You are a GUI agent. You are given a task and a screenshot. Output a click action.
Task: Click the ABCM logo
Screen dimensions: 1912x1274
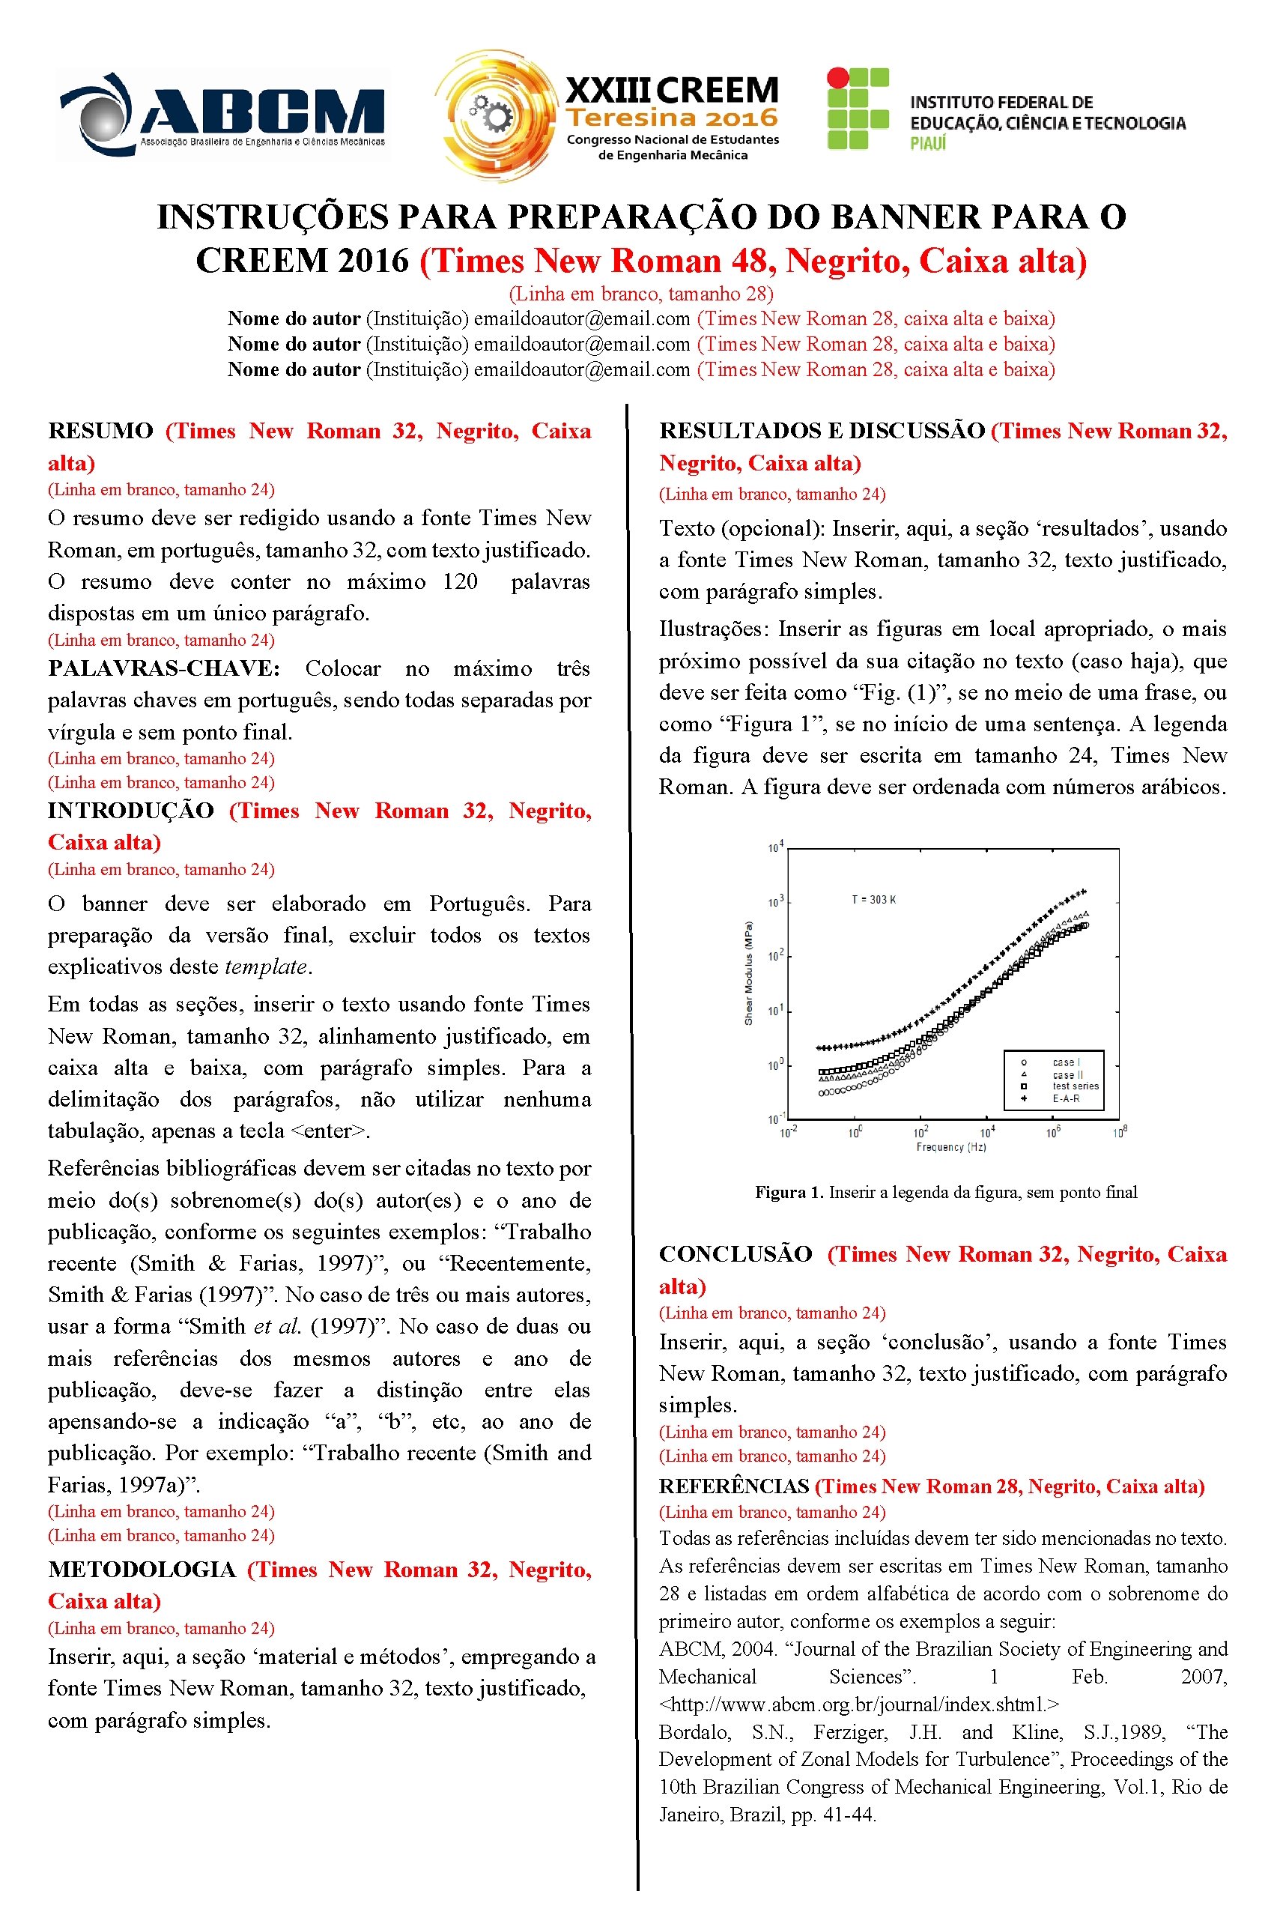click(222, 115)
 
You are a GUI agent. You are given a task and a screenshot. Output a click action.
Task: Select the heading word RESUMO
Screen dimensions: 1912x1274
click(100, 431)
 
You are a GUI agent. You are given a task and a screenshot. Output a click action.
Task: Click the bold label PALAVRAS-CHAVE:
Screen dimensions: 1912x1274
click(163, 669)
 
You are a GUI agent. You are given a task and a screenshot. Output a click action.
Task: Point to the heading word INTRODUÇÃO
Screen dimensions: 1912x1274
click(130, 810)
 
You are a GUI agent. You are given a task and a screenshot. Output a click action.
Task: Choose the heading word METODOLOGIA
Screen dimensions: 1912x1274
click(142, 1569)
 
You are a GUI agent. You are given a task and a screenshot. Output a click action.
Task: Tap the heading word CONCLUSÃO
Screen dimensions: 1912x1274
click(735, 1253)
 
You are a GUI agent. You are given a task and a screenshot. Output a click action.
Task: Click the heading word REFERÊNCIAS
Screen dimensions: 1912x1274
click(734, 1486)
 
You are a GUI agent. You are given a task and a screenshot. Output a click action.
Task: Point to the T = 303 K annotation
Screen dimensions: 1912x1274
click(873, 900)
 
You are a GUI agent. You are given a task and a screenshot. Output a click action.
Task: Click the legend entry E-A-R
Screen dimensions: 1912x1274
click(1065, 1098)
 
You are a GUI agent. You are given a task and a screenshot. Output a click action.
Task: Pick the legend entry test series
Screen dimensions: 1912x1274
click(1075, 1086)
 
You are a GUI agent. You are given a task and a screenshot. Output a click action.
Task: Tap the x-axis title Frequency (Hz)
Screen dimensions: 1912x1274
click(950, 1146)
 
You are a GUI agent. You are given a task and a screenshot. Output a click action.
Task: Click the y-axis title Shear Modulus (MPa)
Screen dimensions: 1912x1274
click(748, 972)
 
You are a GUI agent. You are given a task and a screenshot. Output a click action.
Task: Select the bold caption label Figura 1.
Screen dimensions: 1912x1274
click(789, 1192)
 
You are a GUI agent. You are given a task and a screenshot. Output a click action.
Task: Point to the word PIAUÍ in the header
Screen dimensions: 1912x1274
click(928, 144)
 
